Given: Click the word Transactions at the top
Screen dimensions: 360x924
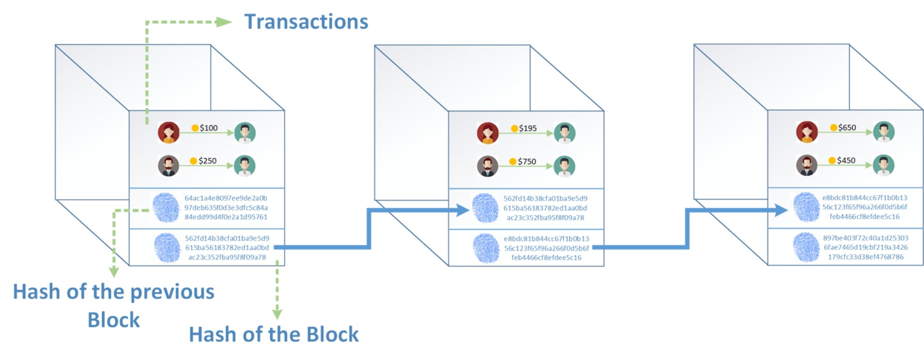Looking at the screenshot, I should [306, 22].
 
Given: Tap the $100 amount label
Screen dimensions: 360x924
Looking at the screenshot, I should [208, 128].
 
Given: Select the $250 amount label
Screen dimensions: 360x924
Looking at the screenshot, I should [207, 161].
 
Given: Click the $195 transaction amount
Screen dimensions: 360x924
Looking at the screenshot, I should [527, 129].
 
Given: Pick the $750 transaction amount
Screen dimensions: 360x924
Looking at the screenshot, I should [526, 162].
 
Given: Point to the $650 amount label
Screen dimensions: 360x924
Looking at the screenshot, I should [847, 128].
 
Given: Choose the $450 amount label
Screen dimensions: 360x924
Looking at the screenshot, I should [846, 160].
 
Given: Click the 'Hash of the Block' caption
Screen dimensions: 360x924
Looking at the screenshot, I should [273, 334].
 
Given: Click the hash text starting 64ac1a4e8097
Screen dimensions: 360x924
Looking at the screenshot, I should [226, 207].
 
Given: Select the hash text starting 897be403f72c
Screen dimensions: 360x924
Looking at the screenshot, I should [865, 247].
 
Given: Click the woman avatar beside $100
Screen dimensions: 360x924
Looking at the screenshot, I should [168, 133].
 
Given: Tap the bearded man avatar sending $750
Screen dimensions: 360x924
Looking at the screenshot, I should [488, 167].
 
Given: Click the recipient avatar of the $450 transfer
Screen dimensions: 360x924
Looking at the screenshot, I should [884, 165].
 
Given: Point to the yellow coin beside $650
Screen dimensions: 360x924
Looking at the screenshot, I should [834, 128].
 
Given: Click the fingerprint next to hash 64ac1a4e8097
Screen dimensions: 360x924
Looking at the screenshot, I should [167, 207].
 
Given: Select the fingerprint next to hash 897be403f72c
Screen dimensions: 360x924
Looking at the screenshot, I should [806, 247].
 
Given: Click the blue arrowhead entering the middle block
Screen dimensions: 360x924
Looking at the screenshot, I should [462, 210].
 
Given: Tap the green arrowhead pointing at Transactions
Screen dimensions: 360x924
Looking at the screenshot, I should [224, 22].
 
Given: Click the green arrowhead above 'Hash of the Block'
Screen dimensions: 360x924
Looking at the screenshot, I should [277, 314].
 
